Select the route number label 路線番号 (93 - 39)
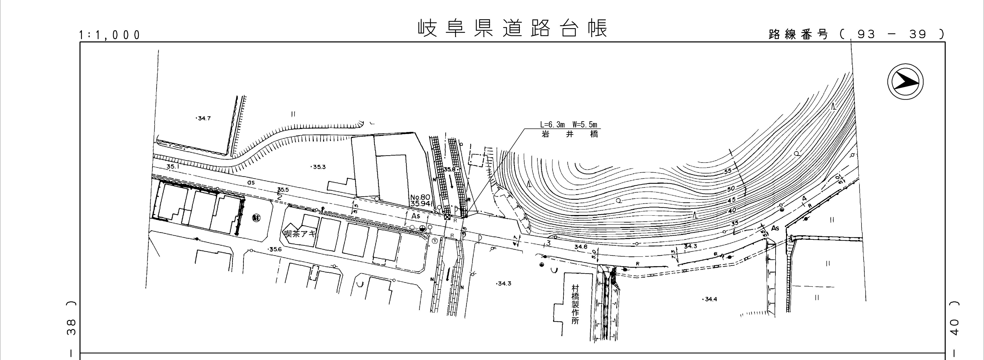coord(856,34)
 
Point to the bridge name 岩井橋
coord(569,134)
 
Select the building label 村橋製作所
coord(575,304)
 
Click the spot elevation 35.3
coord(319,167)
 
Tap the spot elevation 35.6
coord(275,249)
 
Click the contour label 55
coord(728,171)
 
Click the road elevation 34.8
coord(581,247)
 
